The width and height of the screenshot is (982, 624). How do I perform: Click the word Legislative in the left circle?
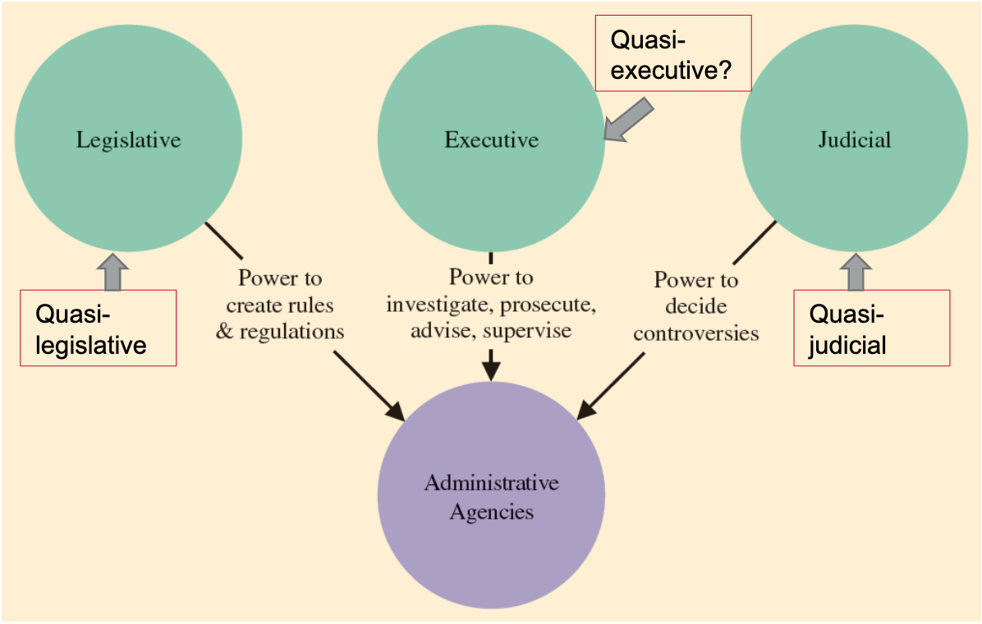pos(128,140)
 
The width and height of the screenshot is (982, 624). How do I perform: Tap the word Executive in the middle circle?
pos(491,140)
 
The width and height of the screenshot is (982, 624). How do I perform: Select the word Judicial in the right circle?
pos(854,140)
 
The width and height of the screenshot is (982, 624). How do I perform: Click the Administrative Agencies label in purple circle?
pos(491,497)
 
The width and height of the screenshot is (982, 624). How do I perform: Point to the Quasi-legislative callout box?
pos(98,328)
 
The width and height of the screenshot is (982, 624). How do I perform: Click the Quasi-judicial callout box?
pos(871,328)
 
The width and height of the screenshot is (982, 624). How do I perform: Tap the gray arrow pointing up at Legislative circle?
pos(112,271)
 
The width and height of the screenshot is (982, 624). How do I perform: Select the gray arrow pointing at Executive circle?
pos(629,119)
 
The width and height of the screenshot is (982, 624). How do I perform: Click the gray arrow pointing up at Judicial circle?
pos(856,271)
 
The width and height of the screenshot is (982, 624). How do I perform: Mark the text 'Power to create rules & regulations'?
pos(280,305)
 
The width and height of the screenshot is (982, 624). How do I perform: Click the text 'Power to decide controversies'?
pos(695,306)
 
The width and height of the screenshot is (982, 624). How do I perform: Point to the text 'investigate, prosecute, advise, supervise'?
pos(491,318)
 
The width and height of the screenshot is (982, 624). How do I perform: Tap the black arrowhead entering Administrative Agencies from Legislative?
pos(396,411)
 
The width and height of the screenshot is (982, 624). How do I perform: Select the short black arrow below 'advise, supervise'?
pos(491,364)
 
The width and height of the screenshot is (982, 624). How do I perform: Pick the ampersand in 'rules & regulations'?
pos(223,332)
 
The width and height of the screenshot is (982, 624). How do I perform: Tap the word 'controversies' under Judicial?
pos(695,333)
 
